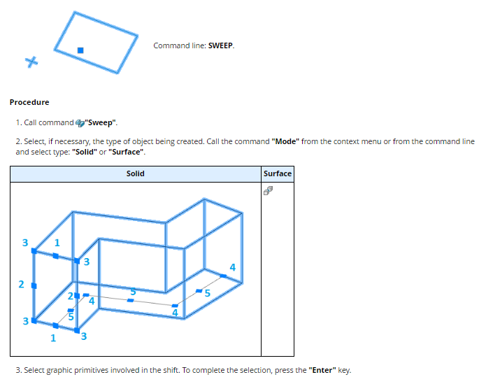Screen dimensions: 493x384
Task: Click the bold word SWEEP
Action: [x=220, y=45]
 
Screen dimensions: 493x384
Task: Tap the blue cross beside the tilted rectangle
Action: [x=31, y=62]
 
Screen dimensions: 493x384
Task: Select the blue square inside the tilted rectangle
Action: [x=80, y=50]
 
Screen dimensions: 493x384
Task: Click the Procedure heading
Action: [x=29, y=102]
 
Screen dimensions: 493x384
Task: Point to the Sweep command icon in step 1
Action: [x=80, y=123]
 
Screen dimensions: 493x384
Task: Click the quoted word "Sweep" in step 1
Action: [x=101, y=122]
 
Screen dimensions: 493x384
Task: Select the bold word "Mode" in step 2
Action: [x=285, y=141]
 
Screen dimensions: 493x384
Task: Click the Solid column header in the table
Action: [x=135, y=173]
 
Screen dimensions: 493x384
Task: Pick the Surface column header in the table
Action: [x=278, y=173]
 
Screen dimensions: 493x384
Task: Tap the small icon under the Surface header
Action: [x=269, y=190]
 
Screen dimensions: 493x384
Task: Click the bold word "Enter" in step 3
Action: [x=322, y=370]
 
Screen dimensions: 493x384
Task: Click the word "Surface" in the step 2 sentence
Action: [x=126, y=152]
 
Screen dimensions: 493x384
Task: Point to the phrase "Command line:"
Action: [x=180, y=45]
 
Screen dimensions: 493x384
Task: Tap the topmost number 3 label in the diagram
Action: [x=25, y=243]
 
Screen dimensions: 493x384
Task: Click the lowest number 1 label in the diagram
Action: [x=53, y=338]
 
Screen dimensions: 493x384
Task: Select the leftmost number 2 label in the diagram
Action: [x=21, y=284]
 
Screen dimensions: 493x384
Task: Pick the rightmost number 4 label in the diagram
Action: [x=233, y=267]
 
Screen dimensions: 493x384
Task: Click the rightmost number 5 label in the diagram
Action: [x=207, y=294]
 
